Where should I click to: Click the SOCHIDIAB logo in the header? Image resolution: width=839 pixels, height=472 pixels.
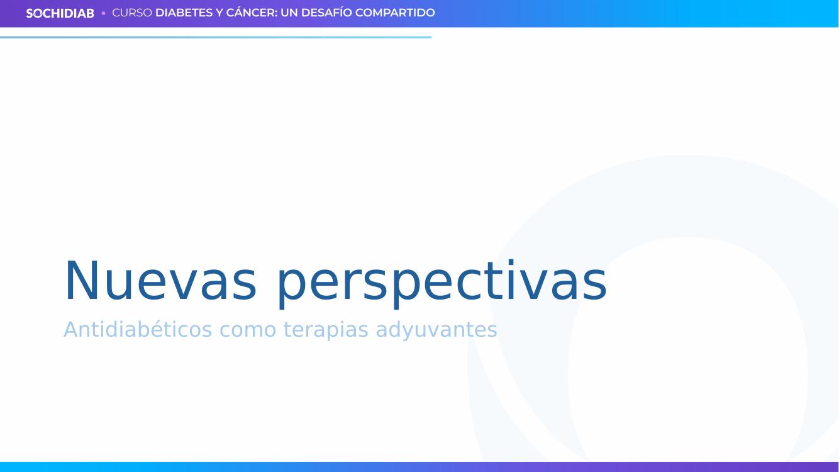(x=60, y=13)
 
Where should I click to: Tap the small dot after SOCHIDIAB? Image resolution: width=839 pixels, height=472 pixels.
(x=103, y=13)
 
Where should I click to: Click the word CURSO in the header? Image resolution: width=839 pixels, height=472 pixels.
(x=132, y=13)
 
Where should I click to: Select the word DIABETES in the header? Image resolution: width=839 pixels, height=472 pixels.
(x=184, y=13)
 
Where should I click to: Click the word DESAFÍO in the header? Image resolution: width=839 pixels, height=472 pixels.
(x=326, y=13)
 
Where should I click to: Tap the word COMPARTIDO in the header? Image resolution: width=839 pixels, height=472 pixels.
(x=395, y=13)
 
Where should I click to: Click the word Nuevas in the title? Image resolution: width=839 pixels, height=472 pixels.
(x=160, y=281)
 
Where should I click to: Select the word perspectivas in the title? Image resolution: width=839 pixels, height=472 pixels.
(x=442, y=284)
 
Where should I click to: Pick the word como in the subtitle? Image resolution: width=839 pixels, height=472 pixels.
(x=248, y=331)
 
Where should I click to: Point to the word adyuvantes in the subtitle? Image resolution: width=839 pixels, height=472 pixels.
(x=436, y=330)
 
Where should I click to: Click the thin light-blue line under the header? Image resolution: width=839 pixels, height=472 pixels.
(x=216, y=38)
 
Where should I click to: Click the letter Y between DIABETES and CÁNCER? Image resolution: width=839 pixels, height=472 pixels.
(x=219, y=13)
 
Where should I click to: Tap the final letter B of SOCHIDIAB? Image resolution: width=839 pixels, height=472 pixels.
(x=90, y=14)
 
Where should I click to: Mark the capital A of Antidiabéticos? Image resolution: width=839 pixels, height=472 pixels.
(x=71, y=330)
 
